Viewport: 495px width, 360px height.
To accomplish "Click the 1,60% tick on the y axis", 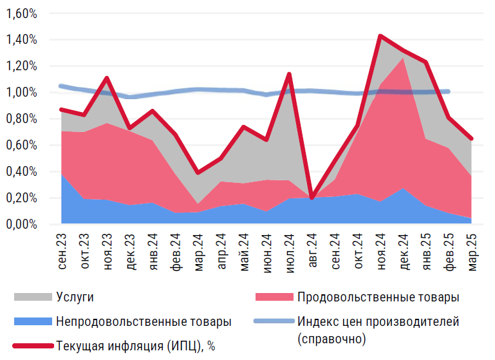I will (20, 13).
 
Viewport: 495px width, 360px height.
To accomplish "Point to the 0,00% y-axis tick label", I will (20, 224).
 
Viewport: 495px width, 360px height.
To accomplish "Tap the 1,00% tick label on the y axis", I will (20, 92).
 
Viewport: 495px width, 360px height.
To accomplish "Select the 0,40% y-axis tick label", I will (20, 171).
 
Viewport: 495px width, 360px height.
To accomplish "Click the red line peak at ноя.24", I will (380, 36).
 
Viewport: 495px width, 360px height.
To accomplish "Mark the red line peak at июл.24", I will (289, 74).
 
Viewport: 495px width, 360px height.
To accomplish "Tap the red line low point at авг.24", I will (312, 198).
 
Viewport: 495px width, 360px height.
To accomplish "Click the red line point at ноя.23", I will (107, 78).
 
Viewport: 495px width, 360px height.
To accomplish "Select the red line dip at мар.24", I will (198, 173).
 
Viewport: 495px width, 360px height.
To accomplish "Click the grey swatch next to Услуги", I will (32, 297).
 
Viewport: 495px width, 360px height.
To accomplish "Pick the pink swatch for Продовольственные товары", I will (274, 297).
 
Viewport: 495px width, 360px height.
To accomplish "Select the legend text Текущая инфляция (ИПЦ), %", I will (135, 346).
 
